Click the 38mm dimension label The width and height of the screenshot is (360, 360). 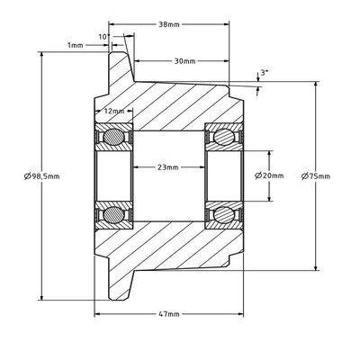[x=169, y=24]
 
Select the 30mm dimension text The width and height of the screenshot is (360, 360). [x=184, y=61]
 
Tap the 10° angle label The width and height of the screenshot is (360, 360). [x=104, y=37]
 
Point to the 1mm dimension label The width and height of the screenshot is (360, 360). [x=75, y=45]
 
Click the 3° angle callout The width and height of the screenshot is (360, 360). [x=265, y=72]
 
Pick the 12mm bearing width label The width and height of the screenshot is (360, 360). [x=114, y=111]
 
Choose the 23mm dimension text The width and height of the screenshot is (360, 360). [x=168, y=167]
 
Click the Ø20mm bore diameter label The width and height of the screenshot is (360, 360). [x=269, y=175]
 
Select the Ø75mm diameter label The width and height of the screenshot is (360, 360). [x=316, y=176]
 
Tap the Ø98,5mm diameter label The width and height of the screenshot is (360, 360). [x=42, y=176]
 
